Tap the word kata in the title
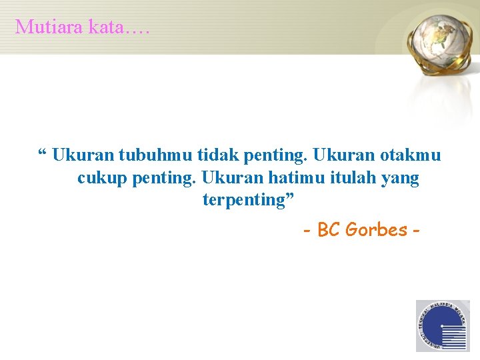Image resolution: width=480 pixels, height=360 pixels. pyautogui.click(x=101, y=27)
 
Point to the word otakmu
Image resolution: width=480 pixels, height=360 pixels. pyautogui.click(x=411, y=155)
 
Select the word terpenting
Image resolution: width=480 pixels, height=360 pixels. pyautogui.click(x=243, y=200)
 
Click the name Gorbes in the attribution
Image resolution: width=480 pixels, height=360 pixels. pyautogui.click(x=377, y=230)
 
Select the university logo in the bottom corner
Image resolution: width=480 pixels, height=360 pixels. pyautogui.click(x=443, y=326)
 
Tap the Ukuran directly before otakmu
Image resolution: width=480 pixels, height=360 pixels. pyautogui.click(x=344, y=155)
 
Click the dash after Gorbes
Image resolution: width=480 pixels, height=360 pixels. pyautogui.click(x=416, y=231)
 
